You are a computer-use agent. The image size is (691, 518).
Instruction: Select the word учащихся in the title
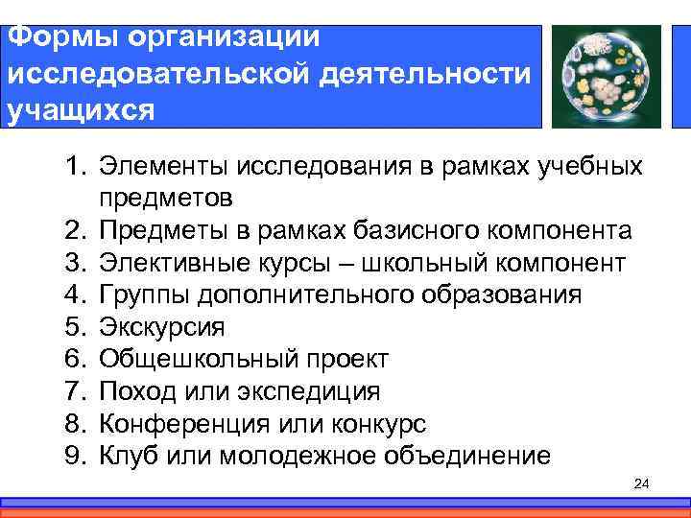coord(79,109)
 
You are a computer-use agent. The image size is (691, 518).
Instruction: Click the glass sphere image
coord(601,75)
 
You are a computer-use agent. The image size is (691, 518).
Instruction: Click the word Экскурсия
coord(160,327)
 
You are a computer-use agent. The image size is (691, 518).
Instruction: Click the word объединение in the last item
coord(467,456)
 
